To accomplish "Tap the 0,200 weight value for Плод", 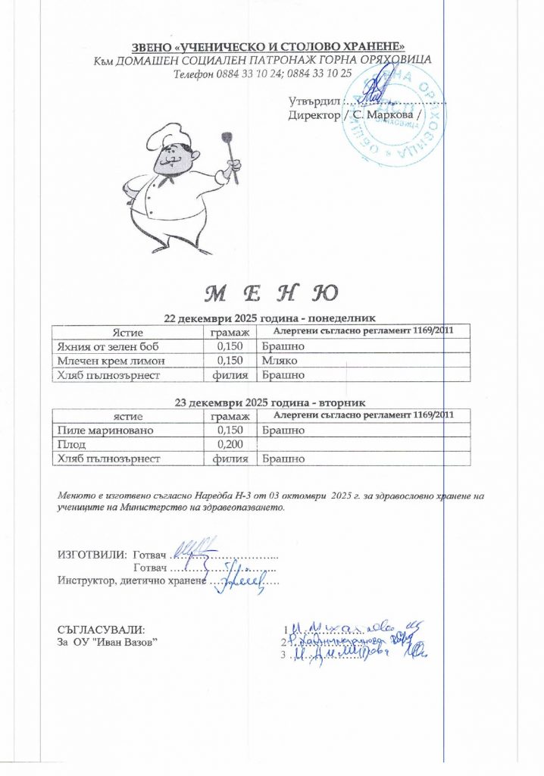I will [x=228, y=444].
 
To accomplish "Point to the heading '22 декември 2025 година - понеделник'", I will [x=271, y=318].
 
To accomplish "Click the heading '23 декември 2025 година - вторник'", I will [x=271, y=402].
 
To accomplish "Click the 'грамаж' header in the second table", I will [x=230, y=416].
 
